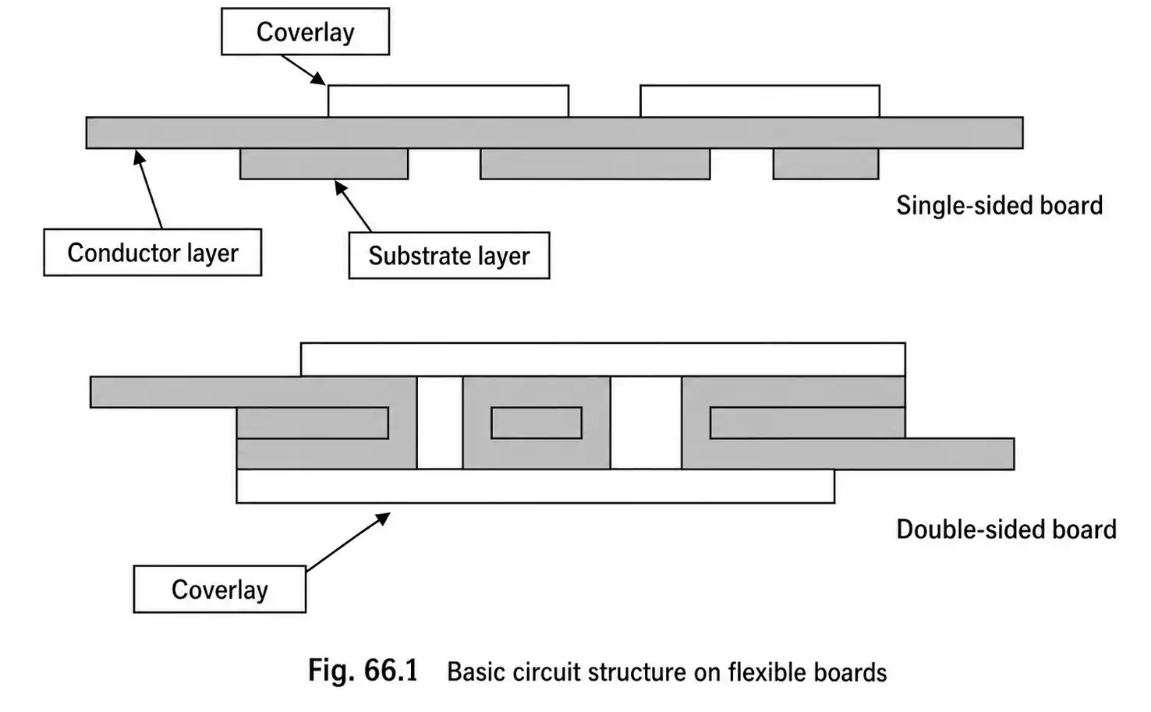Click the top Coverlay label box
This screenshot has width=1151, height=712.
[305, 32]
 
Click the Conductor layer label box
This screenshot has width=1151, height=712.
[152, 253]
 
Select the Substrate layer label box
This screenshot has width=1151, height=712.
[448, 256]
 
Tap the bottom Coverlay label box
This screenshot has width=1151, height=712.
[219, 590]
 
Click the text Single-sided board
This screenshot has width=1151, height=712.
[999, 206]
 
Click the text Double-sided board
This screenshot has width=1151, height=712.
[1006, 530]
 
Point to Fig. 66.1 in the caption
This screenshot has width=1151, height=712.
[363, 671]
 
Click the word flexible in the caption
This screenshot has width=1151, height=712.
[763, 672]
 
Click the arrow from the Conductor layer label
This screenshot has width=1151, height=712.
[150, 190]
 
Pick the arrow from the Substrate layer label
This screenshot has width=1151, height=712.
[353, 206]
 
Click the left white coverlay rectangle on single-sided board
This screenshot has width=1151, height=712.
[448, 101]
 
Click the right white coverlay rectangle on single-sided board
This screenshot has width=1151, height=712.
[760, 101]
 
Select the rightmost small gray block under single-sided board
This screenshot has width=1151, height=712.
[825, 164]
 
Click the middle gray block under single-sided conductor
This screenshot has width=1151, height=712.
[594, 164]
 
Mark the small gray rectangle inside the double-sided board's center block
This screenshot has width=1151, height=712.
[537, 423]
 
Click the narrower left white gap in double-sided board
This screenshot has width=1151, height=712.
[440, 423]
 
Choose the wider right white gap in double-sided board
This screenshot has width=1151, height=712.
[646, 423]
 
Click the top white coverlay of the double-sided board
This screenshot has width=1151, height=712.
[602, 360]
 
